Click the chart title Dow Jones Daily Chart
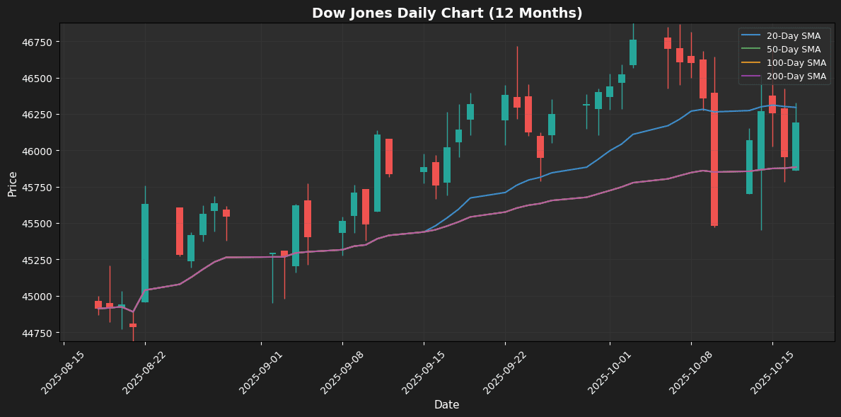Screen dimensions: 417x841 [447, 13]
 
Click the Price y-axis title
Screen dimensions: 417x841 [13, 183]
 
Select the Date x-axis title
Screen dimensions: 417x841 [446, 405]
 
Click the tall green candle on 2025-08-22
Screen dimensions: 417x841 [145, 253]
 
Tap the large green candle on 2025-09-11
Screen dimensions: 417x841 [377, 173]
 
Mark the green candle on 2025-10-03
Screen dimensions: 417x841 [633, 52]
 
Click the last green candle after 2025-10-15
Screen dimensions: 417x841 [796, 147]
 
